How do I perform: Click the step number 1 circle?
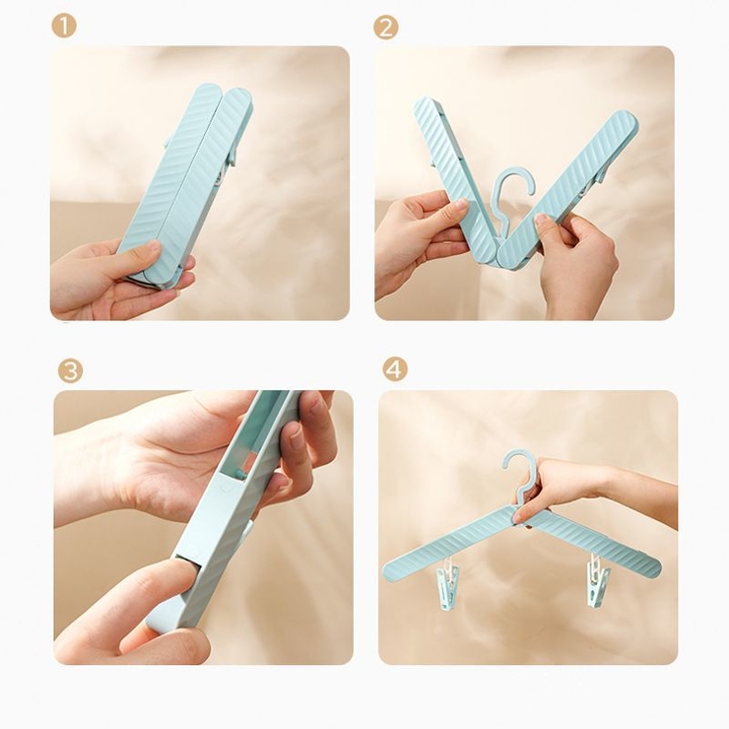coord(64,26)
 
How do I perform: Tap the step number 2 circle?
coord(386,28)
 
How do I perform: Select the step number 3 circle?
coord(70,371)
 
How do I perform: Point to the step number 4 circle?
coord(395,369)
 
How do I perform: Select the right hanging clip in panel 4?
coord(597,579)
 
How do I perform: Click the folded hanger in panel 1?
coord(186,186)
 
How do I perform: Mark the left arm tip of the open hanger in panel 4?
coord(386,569)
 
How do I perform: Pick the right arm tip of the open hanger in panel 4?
coord(657,565)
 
